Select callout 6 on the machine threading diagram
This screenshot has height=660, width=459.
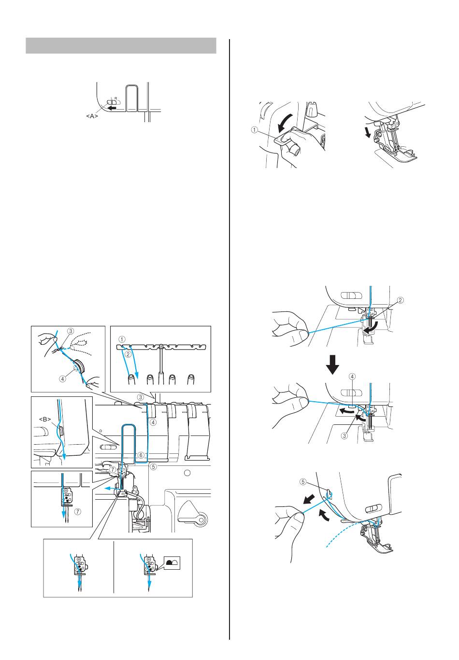click(x=140, y=454)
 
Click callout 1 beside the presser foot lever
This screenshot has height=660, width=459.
click(x=254, y=129)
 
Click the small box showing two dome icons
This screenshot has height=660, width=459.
click(x=172, y=562)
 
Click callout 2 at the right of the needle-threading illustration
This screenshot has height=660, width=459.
click(x=400, y=300)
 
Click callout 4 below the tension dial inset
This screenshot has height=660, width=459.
click(x=63, y=379)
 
